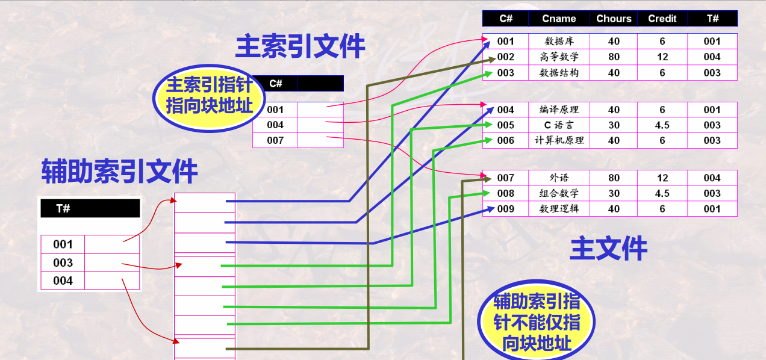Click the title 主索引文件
[x=300, y=46]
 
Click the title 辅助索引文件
[x=119, y=172]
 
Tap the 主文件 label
[x=608, y=249]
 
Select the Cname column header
[x=559, y=19]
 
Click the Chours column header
[x=614, y=19]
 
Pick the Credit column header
[x=662, y=19]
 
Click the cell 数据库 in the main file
[x=559, y=42]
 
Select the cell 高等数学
[x=559, y=57]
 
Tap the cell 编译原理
[x=559, y=110]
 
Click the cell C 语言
[x=559, y=125]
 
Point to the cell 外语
[x=559, y=178]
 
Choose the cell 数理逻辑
[x=559, y=209]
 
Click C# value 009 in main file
[x=506, y=209]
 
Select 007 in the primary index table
[x=275, y=140]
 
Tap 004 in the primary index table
[x=275, y=125]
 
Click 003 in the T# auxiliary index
[x=63, y=262]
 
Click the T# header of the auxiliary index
[x=63, y=208]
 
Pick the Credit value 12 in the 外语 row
[x=662, y=178]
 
